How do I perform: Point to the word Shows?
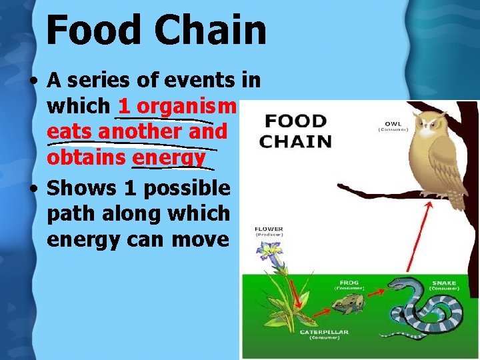coord(81,189)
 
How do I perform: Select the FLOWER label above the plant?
coord(269,230)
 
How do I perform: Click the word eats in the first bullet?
coord(69,132)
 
